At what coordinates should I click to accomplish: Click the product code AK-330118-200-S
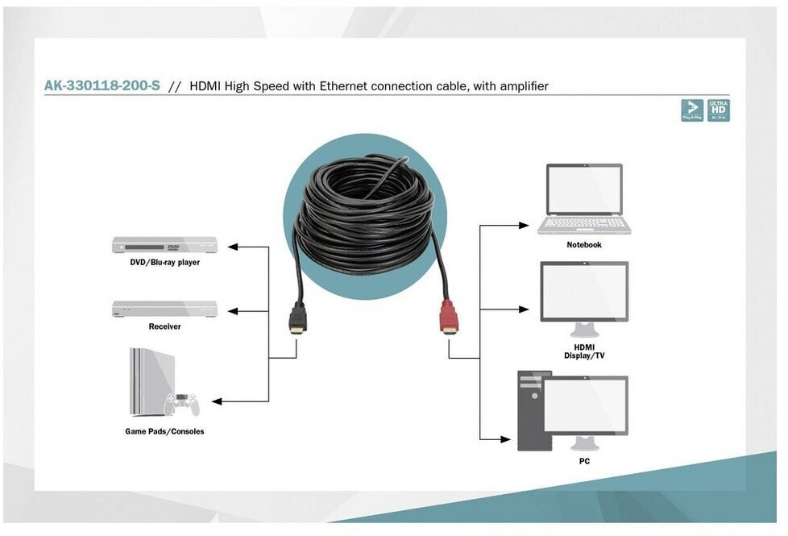102,85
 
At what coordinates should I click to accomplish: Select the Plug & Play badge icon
691,110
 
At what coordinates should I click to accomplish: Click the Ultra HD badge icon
718,110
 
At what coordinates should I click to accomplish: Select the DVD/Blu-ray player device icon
164,245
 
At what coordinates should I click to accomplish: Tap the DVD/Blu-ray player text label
164,263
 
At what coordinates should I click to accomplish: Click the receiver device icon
164,309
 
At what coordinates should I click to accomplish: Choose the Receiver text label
164,326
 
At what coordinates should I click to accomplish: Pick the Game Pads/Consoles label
164,431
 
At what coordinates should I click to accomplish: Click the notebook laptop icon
584,198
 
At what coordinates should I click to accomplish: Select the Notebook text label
584,244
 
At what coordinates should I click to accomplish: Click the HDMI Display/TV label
584,351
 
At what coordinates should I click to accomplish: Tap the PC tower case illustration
533,410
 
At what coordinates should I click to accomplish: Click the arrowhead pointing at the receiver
233,310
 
